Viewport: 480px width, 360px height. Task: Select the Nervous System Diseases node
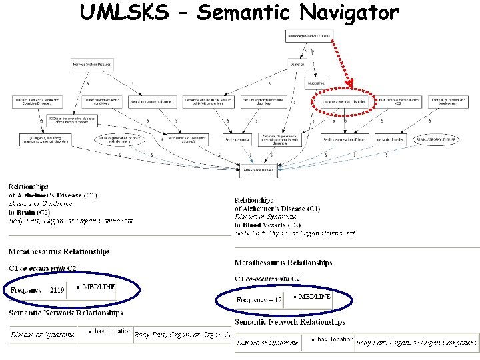(92, 65)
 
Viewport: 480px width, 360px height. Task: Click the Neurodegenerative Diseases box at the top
(309, 36)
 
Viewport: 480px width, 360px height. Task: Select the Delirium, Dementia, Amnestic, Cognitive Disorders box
(37, 101)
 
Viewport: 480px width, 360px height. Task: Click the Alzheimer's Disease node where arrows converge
(258, 170)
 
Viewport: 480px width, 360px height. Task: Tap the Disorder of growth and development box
(451, 101)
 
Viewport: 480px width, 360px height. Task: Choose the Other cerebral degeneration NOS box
(398, 101)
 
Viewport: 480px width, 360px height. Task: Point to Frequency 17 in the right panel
(259, 300)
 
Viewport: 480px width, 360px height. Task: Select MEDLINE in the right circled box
(315, 296)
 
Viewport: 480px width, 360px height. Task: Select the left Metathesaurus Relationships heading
(59, 251)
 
